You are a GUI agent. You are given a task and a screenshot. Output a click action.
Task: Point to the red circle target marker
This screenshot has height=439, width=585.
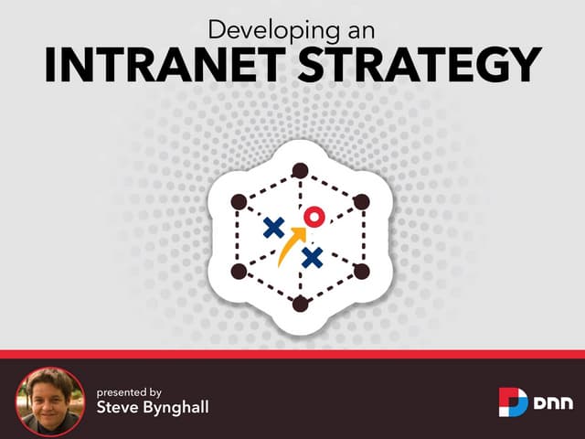point(314,217)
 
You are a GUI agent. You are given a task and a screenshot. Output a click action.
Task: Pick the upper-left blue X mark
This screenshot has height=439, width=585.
point(272,228)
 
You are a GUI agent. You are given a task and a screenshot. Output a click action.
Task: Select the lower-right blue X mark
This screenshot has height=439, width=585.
point(313,258)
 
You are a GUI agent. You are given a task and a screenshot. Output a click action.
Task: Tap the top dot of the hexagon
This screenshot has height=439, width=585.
point(300,169)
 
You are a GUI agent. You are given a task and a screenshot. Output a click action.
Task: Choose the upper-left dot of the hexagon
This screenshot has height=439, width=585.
point(239,201)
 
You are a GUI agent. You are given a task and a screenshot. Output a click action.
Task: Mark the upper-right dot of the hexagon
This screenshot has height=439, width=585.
point(361,201)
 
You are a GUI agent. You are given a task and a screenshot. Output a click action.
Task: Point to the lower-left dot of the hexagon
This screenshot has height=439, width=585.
point(239,272)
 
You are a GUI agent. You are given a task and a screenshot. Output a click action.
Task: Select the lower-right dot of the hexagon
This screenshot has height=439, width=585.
point(361,272)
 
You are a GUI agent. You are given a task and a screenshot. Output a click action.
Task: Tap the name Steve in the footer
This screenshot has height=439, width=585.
point(117,407)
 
